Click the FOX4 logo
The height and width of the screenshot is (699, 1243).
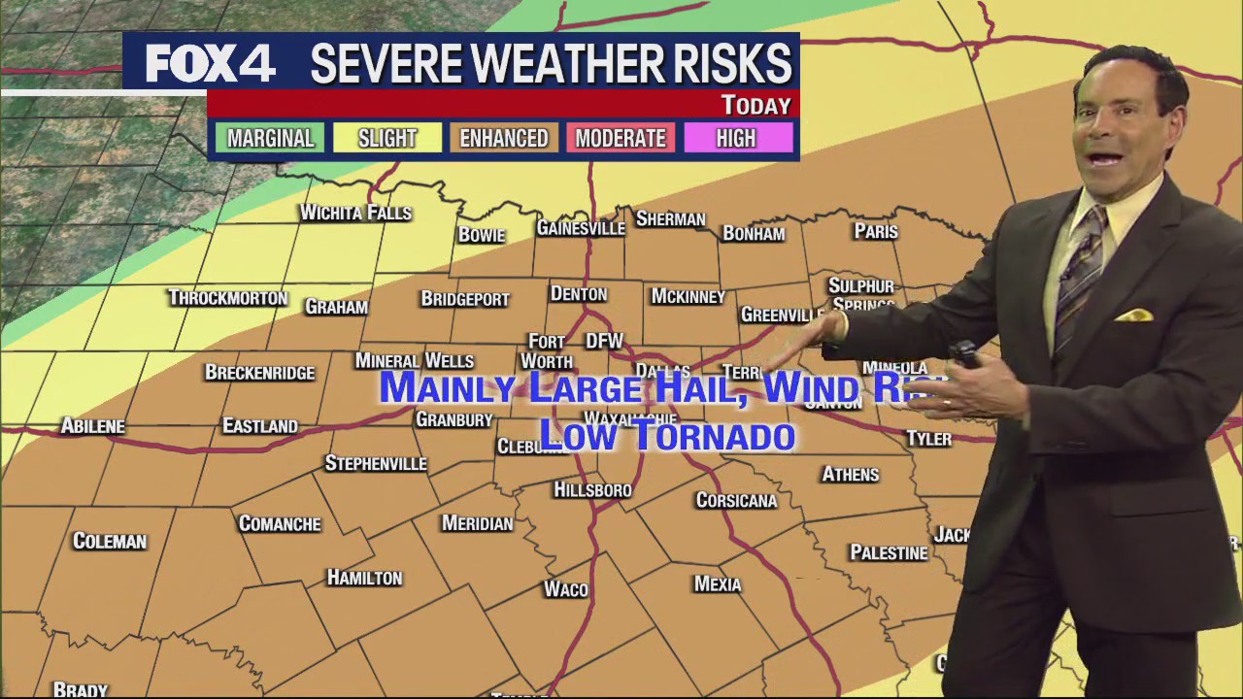[x=210, y=63]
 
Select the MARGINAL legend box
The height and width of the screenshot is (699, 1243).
[x=270, y=138]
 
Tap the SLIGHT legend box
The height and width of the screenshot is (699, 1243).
[x=386, y=138]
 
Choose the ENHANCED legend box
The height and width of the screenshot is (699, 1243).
[x=503, y=138]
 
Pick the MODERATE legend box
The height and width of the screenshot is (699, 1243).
[x=620, y=138]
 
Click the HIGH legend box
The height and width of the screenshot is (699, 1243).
[x=736, y=138]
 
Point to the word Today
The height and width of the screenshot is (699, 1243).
[x=756, y=105]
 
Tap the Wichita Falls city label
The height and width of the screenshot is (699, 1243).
[x=355, y=213]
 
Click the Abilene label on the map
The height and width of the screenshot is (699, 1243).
[x=92, y=425]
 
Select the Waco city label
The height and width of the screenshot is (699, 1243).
[x=565, y=589]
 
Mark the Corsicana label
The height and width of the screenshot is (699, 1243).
[x=736, y=500]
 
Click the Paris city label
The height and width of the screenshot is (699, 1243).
[x=875, y=231]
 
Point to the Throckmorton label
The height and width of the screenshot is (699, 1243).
[x=227, y=297]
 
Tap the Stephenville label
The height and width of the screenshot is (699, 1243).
[x=376, y=463]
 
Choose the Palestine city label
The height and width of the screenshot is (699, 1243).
[x=889, y=552]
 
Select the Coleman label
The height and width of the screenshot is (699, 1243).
[x=110, y=541]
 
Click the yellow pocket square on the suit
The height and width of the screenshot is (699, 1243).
[x=1133, y=316]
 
